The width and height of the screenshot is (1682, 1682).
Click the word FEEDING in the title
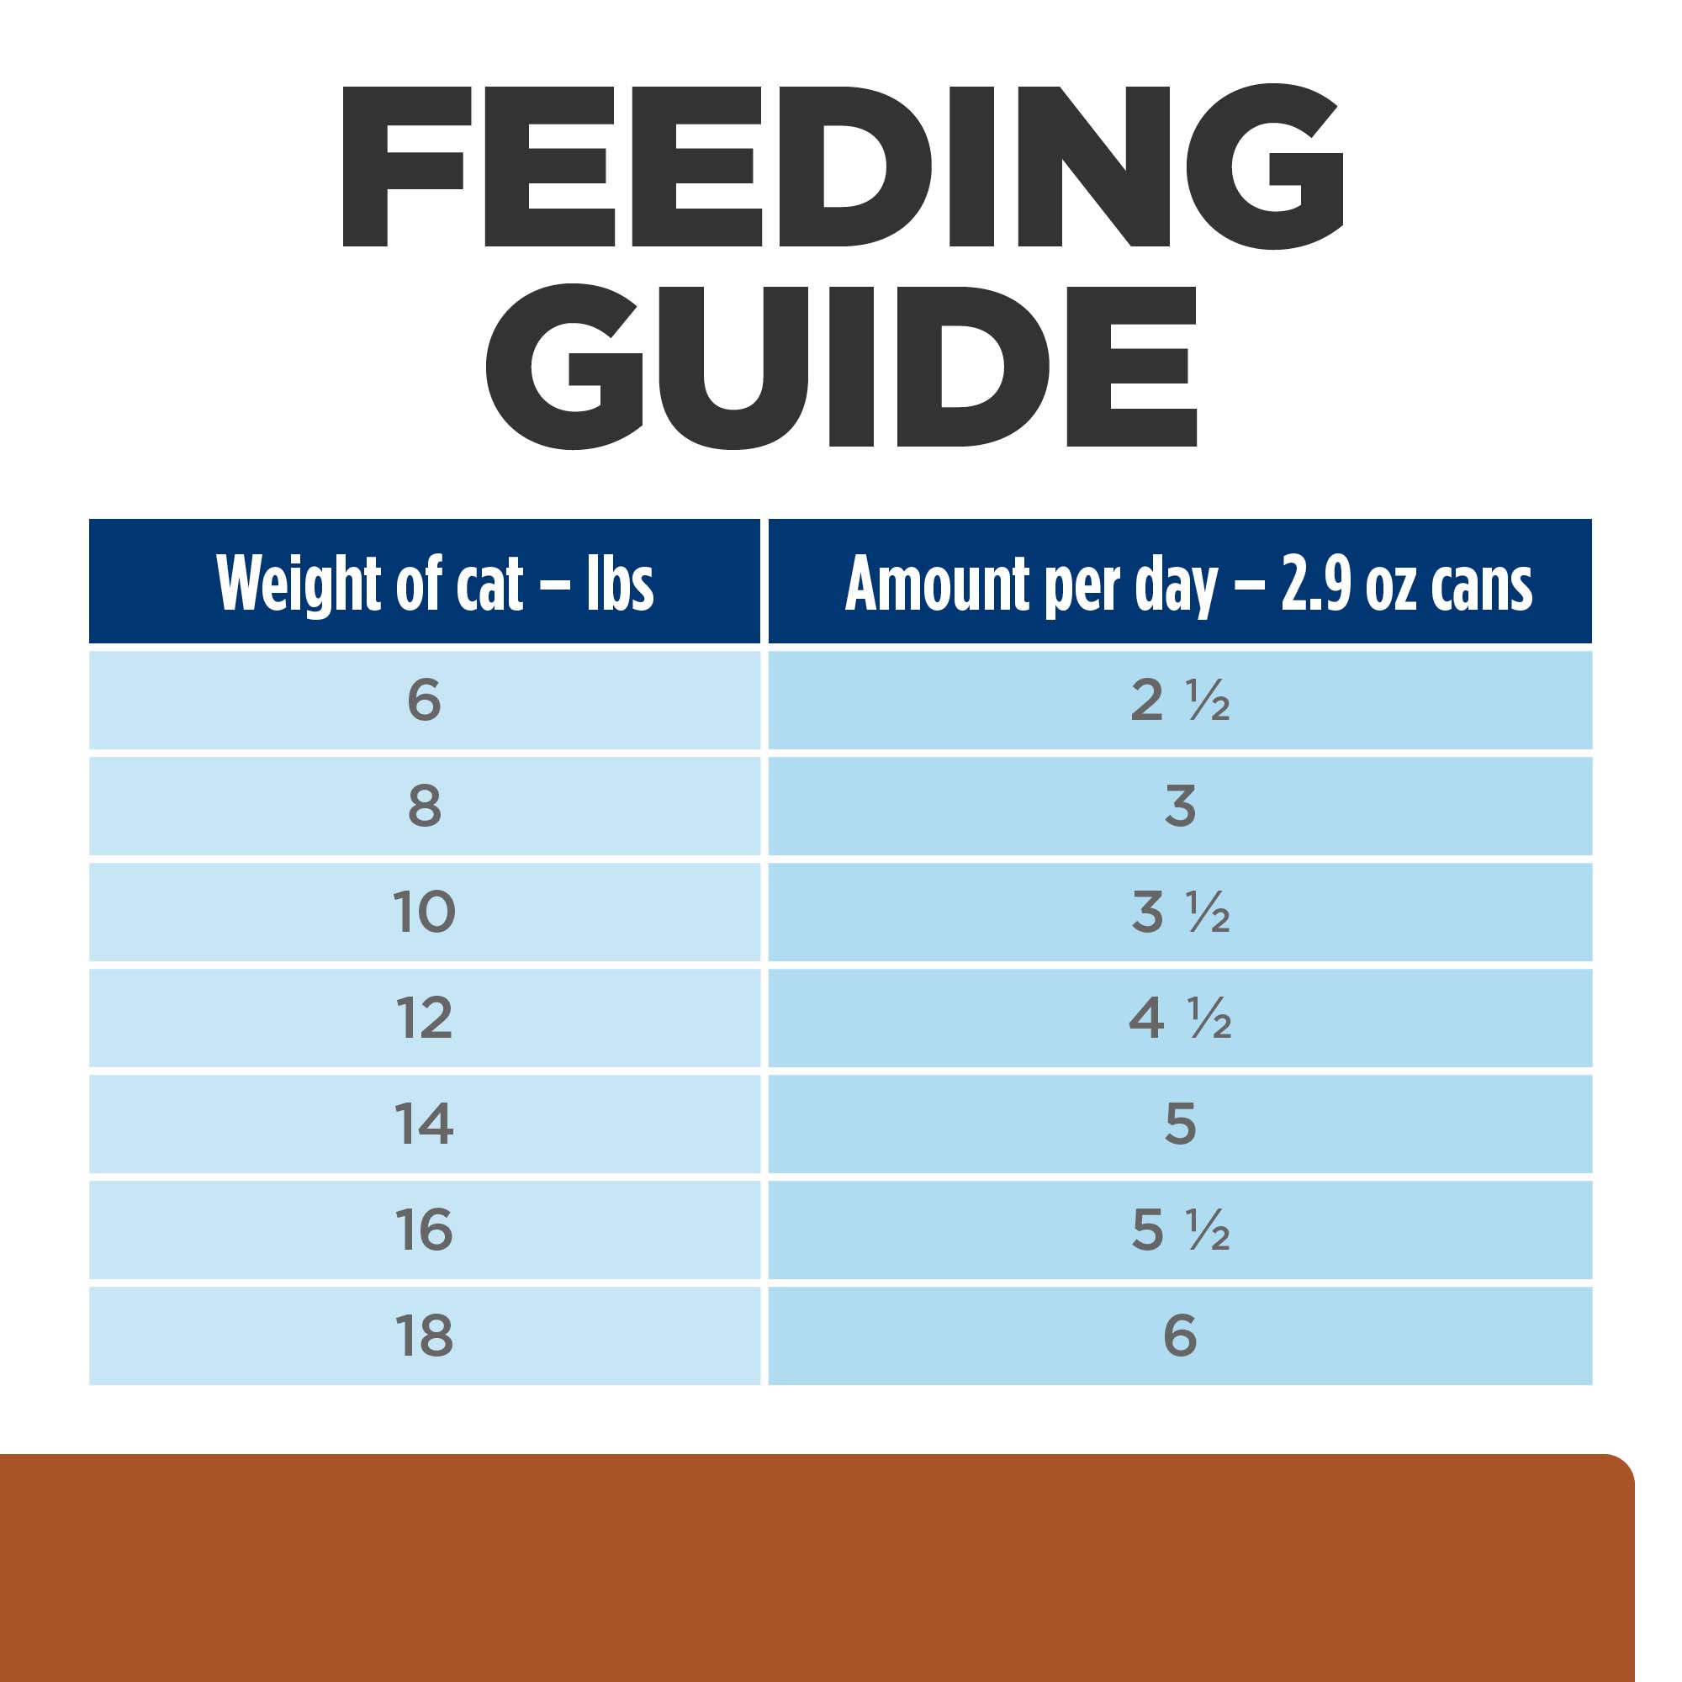[843, 167]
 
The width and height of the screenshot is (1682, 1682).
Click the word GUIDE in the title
[841, 366]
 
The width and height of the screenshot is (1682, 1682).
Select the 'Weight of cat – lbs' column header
[435, 584]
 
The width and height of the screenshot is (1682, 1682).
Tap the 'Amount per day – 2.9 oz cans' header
[1188, 584]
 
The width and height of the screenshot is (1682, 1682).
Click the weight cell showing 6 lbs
[424, 700]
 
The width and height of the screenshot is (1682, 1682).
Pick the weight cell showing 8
[424, 807]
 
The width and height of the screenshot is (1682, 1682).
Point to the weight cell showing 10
[424, 912]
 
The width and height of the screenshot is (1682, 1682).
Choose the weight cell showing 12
[424, 1018]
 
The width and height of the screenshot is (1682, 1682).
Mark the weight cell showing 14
[424, 1124]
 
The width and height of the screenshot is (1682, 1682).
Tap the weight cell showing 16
[424, 1230]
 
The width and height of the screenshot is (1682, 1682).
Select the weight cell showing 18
[424, 1336]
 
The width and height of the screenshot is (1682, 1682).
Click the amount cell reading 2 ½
[1180, 700]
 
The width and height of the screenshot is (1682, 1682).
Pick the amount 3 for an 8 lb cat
[1180, 807]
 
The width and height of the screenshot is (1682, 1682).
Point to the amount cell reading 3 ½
[1180, 912]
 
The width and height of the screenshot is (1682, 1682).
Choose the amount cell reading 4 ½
[1180, 1018]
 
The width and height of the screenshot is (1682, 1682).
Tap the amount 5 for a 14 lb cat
[1180, 1124]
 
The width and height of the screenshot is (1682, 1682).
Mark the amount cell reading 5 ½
[1180, 1230]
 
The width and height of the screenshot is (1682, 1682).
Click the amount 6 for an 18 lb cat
[1180, 1336]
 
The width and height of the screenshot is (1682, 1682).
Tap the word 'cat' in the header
[489, 584]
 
